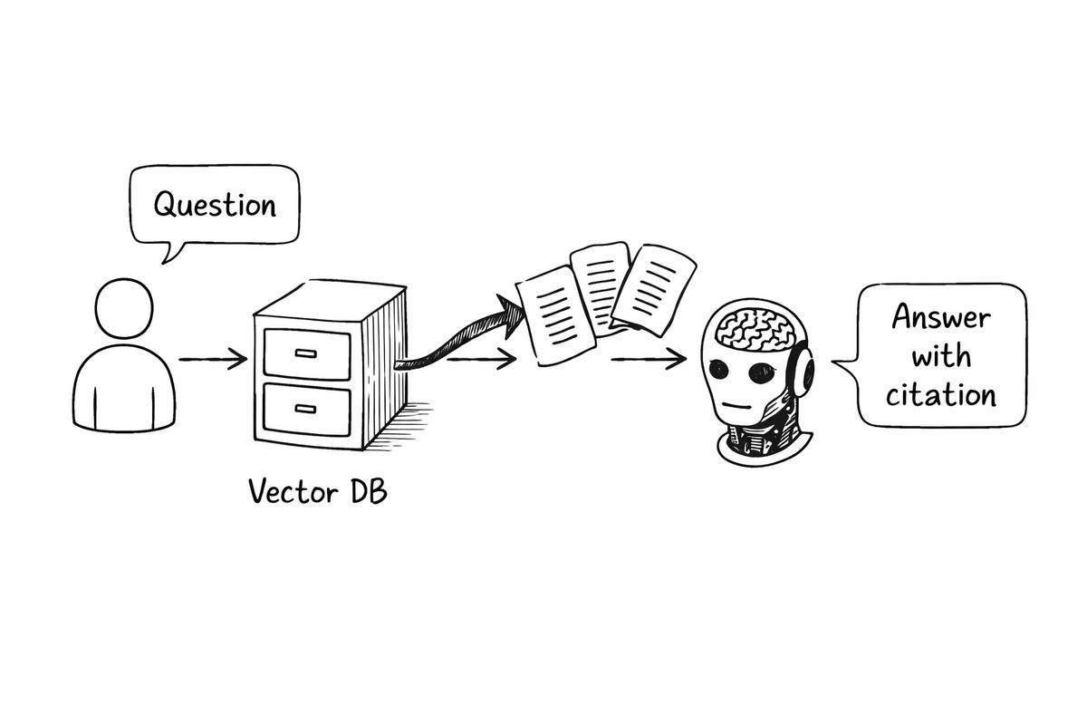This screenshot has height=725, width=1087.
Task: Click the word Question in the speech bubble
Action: click(214, 204)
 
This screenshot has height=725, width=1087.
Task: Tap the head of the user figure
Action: click(124, 307)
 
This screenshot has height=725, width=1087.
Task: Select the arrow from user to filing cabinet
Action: click(213, 360)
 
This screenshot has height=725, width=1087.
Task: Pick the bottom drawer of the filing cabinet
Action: click(306, 412)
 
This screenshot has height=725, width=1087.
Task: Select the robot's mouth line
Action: click(741, 405)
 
